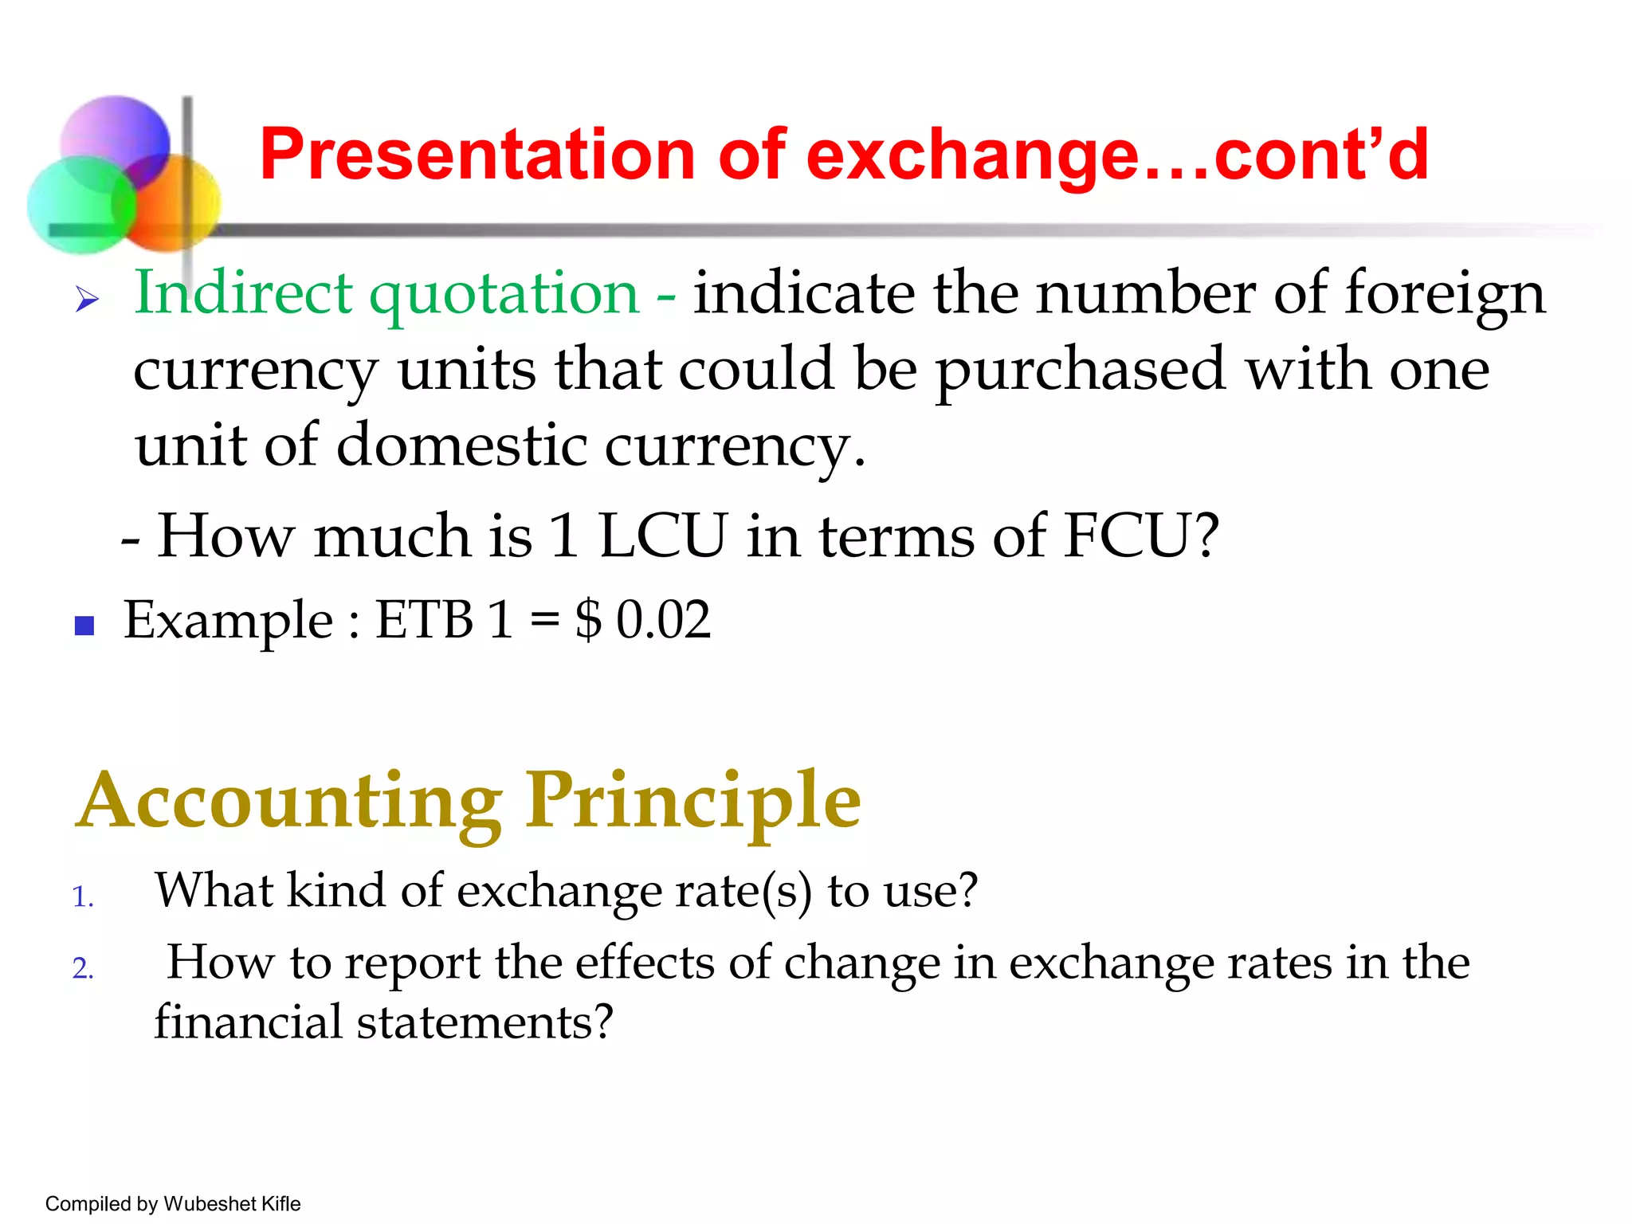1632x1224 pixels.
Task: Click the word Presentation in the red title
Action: pos(478,155)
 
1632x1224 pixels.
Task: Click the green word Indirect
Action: pos(243,292)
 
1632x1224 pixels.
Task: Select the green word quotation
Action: pos(504,294)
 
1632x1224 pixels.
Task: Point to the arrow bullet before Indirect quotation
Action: pos(87,300)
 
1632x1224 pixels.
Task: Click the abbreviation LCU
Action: pos(662,535)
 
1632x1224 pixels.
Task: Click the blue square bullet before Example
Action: pos(84,626)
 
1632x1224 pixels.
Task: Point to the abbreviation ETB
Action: pos(424,619)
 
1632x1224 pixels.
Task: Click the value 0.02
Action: pos(663,619)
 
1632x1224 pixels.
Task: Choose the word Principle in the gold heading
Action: pos(692,801)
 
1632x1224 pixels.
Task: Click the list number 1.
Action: pos(82,897)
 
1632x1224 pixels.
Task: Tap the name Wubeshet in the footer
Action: pos(210,1203)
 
